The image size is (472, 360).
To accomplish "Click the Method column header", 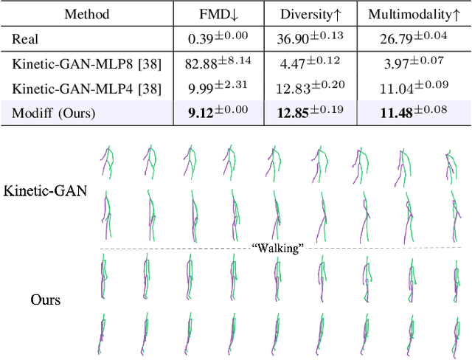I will pos(87,14).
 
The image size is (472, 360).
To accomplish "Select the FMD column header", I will pos(220,14).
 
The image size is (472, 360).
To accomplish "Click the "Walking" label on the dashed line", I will pos(278,249).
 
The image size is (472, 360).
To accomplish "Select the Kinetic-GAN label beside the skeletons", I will pos(44,191).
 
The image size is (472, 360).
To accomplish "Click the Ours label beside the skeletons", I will pos(45,300).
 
